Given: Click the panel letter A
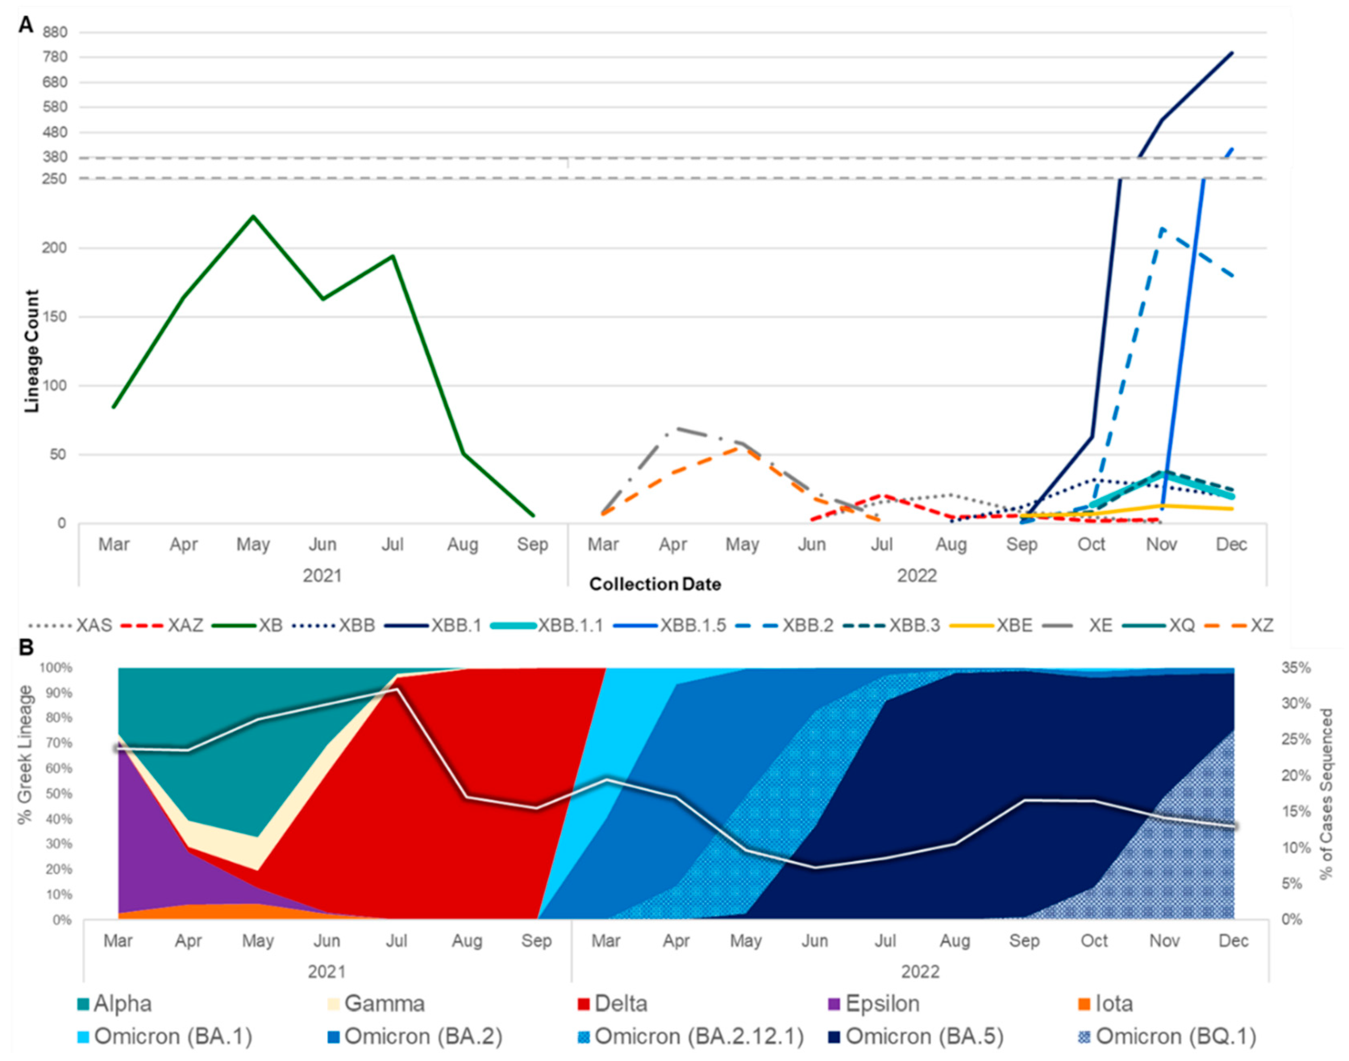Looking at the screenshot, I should tap(26, 25).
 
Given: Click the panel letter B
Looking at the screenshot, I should tap(26, 647).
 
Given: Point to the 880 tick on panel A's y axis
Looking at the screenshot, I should tap(55, 32).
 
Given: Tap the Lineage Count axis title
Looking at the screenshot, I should tap(32, 351).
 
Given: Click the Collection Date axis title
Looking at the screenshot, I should tap(655, 585).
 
